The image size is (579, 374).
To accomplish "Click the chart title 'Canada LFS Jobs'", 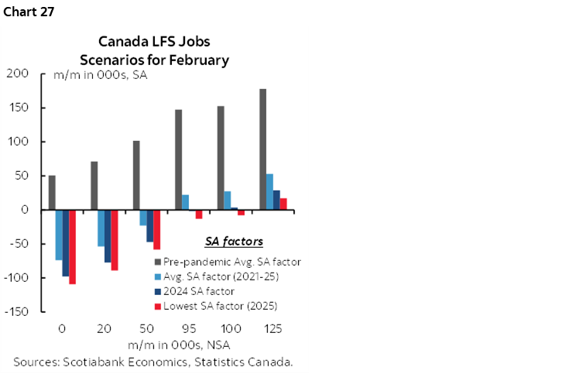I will (154, 42).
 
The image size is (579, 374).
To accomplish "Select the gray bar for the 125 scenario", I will (262, 149).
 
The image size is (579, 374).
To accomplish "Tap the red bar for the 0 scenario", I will (73, 247).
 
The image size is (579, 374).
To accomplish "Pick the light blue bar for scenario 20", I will (101, 228).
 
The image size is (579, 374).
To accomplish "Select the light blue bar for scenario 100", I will (227, 201).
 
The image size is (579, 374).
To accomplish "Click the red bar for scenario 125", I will (283, 204).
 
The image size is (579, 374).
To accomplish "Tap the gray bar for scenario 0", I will (52, 193).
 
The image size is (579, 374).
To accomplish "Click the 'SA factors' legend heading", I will (233, 242).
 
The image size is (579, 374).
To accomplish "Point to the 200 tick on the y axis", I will (17, 74).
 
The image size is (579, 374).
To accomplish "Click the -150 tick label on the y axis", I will (15, 312).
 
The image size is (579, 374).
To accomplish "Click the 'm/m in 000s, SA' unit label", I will (100, 76).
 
